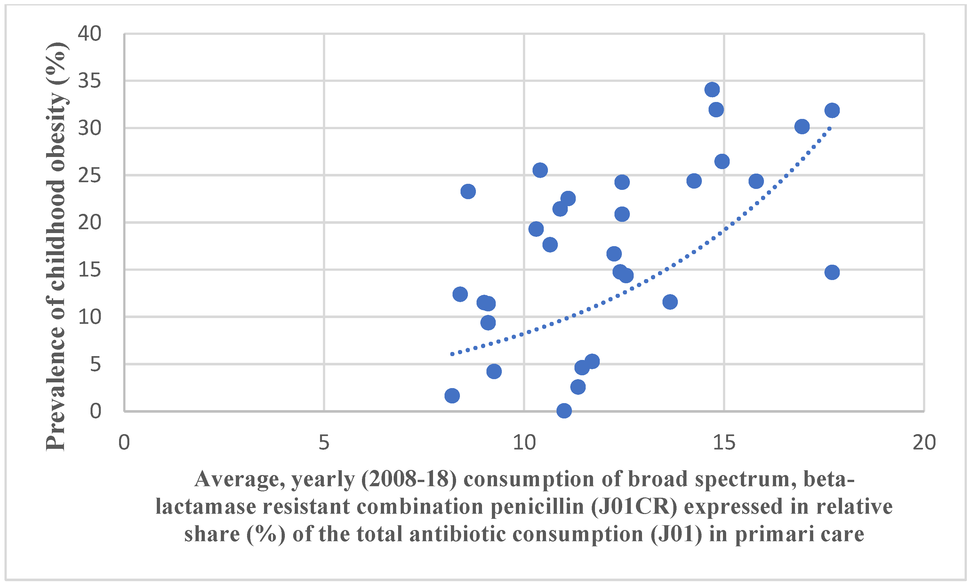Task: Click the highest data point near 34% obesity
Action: [x=712, y=90]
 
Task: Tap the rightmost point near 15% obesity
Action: [x=832, y=272]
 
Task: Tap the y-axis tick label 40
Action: [x=90, y=34]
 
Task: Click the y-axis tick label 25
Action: [x=90, y=175]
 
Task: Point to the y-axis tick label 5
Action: [x=95, y=364]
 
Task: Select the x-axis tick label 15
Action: [x=724, y=443]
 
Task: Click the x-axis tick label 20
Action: [x=924, y=443]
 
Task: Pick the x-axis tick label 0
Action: [x=124, y=443]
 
